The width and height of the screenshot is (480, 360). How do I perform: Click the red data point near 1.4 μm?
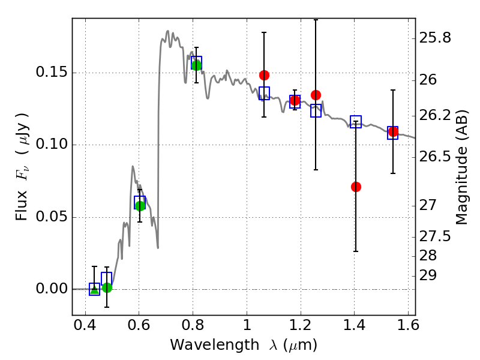(x=356, y=187)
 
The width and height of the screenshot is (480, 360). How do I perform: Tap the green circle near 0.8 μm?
(x=196, y=65)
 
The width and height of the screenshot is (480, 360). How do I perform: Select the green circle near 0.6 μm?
(x=140, y=206)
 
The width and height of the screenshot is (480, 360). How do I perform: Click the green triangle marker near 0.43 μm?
(x=94, y=289)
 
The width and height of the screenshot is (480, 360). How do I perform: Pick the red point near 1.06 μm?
(x=264, y=75)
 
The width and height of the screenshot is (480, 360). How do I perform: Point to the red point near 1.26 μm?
(x=316, y=95)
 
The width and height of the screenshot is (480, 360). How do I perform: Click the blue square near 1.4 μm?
(x=356, y=122)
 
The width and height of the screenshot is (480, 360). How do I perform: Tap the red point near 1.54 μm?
(x=393, y=131)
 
